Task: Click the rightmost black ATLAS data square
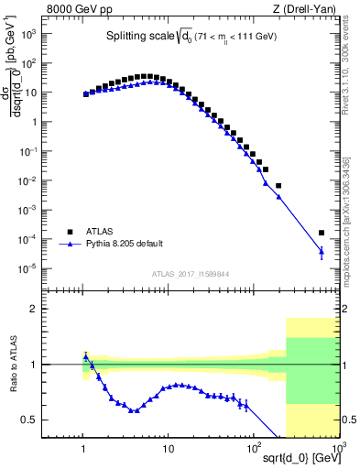321,233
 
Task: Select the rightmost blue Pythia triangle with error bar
321,251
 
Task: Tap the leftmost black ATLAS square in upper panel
85,93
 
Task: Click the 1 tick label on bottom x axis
84,448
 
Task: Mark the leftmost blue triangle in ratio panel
85,356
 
